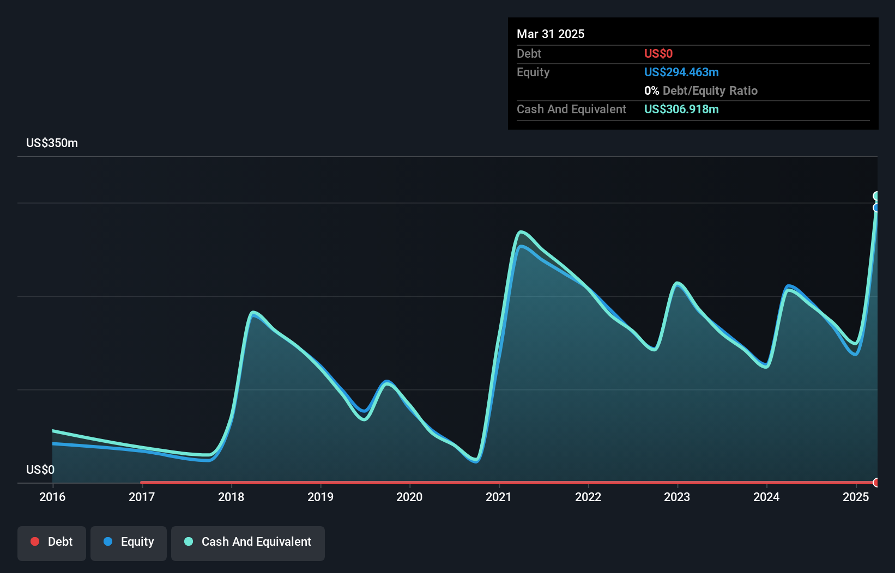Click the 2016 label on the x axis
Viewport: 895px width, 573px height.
pos(52,497)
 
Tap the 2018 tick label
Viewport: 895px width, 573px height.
pos(231,497)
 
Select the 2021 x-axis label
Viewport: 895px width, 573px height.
pos(499,497)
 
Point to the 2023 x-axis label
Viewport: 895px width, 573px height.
pos(677,497)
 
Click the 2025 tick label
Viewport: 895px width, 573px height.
pos(856,497)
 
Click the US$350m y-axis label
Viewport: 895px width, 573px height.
pos(52,143)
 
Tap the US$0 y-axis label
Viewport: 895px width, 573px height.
pos(40,470)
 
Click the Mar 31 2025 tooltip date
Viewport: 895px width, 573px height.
pos(551,34)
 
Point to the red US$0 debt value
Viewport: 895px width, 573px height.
pos(658,54)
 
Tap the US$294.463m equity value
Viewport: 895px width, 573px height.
pos(681,72)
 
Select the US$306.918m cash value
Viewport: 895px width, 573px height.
pos(681,109)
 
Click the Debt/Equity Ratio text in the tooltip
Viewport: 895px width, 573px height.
pos(710,91)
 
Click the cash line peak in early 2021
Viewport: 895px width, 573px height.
pos(521,232)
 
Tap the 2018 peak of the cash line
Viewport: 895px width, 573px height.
pos(253,312)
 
